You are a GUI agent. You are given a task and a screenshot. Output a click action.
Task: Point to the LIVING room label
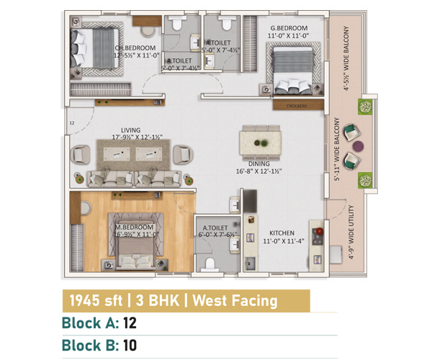click(x=131, y=130)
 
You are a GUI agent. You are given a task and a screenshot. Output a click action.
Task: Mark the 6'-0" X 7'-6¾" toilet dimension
click(x=217, y=234)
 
